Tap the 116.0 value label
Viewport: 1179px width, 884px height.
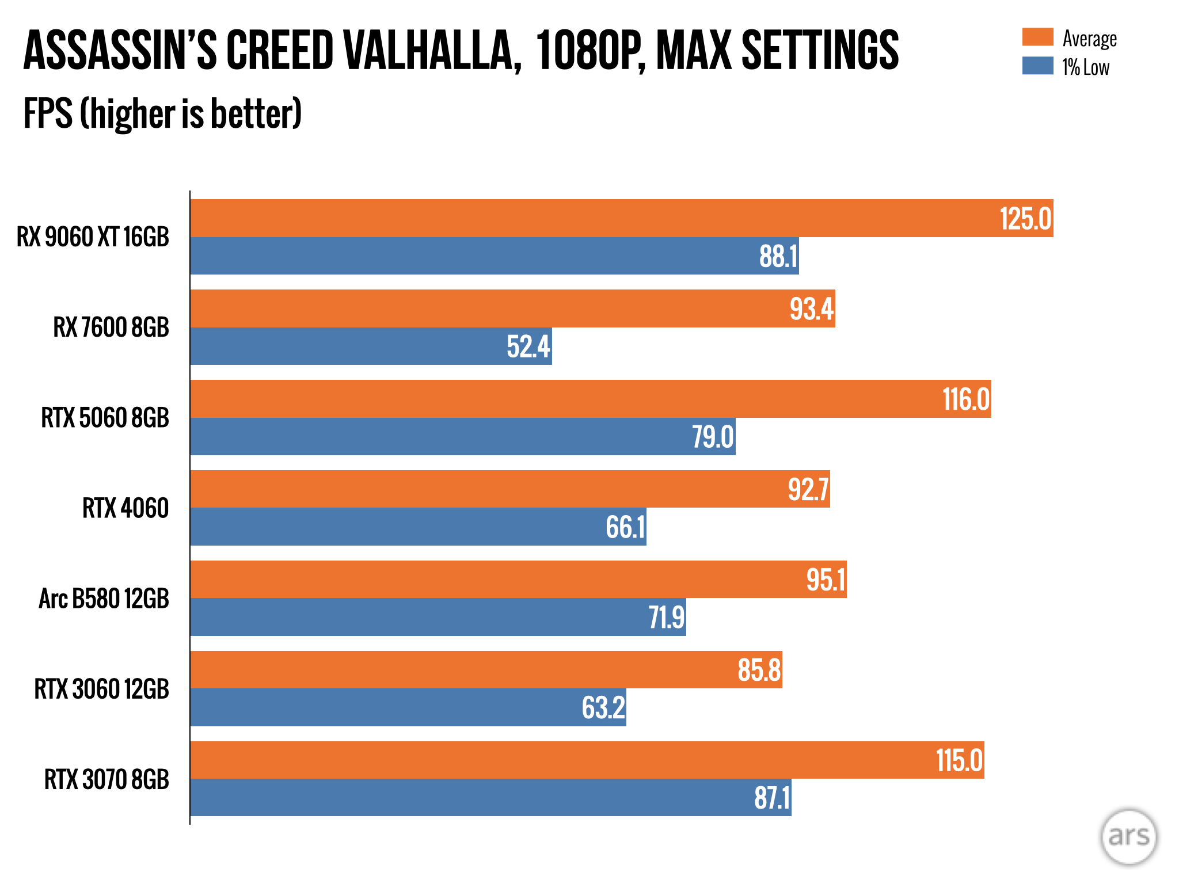coord(965,399)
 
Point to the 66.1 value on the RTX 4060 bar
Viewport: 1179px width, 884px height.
coord(625,527)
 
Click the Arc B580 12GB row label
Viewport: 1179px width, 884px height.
coord(104,599)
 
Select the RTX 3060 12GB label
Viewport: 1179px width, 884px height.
coord(102,689)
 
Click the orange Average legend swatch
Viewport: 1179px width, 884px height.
coord(1037,37)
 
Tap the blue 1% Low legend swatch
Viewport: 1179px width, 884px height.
coord(1037,66)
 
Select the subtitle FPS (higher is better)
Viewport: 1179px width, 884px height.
coord(162,113)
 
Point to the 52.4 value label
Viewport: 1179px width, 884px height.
coord(528,347)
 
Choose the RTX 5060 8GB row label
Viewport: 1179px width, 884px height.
coord(105,418)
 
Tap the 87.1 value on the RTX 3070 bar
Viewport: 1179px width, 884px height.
coord(772,798)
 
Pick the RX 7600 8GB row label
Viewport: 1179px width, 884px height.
coord(111,327)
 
